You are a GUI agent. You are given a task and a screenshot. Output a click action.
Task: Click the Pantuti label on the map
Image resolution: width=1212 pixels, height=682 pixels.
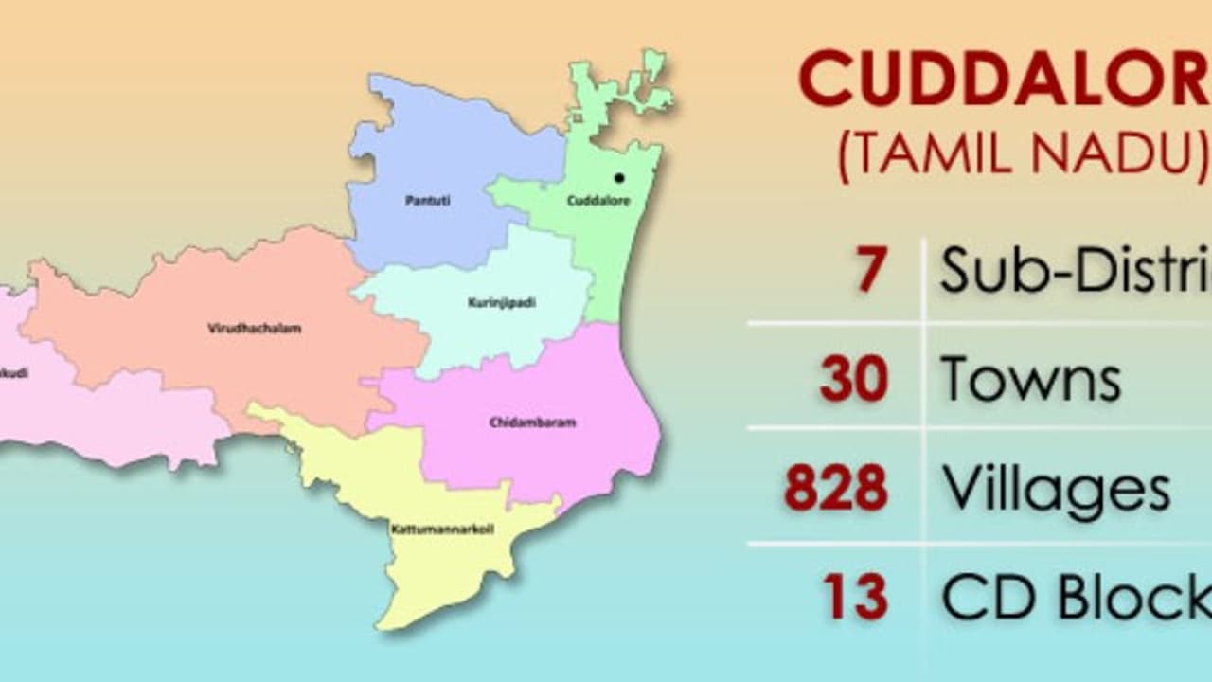428,201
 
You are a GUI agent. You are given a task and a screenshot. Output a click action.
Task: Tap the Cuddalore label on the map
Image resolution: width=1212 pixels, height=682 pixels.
597,201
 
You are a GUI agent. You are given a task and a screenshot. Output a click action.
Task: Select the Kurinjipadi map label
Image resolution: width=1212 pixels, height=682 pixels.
502,303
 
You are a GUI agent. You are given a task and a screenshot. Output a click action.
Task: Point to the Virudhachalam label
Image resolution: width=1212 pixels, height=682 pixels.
254,329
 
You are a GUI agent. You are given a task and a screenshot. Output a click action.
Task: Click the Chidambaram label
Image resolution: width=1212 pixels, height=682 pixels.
532,422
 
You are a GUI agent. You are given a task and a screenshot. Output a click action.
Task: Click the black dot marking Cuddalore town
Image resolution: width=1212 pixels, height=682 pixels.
619,177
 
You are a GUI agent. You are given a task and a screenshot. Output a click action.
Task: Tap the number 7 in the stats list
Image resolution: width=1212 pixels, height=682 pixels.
870,269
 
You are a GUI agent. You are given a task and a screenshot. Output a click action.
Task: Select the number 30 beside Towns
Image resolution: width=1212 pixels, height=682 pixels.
854,379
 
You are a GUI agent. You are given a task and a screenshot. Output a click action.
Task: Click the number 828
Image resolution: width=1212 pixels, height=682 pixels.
836,489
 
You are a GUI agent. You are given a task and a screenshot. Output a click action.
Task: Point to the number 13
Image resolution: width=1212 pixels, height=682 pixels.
855,598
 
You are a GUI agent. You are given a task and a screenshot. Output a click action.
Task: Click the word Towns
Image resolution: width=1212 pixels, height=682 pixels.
1030,379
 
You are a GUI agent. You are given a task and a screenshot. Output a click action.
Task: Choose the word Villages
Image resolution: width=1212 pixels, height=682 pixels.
1056,489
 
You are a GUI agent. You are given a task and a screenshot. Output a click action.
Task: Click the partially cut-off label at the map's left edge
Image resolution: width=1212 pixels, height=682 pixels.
13,373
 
